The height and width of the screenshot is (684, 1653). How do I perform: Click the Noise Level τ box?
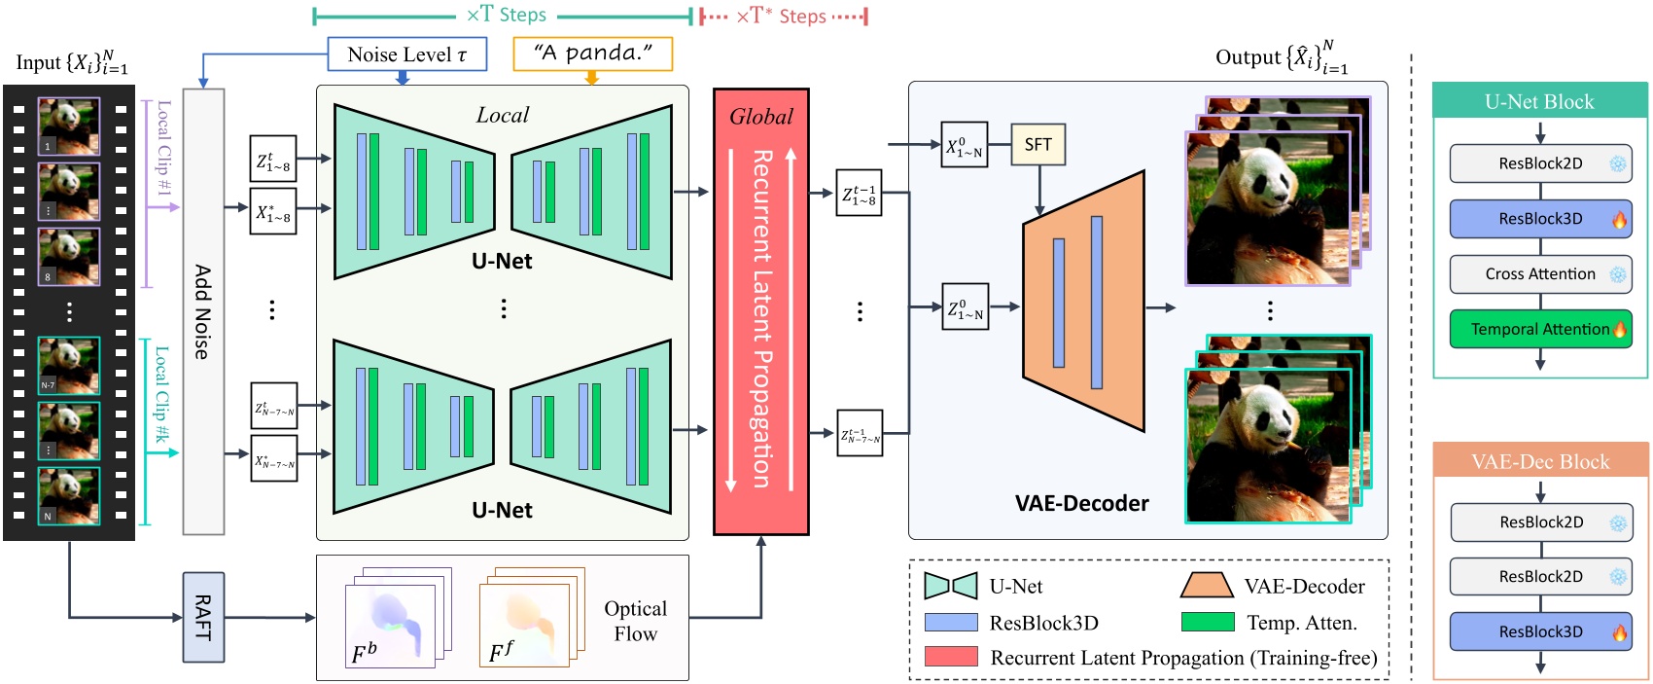[x=406, y=54]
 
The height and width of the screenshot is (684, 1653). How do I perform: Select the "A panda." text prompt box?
[x=592, y=54]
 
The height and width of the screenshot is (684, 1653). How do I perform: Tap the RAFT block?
[x=203, y=617]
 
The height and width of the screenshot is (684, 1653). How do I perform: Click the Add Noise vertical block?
[x=203, y=311]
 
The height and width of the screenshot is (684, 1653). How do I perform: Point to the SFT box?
[x=1038, y=145]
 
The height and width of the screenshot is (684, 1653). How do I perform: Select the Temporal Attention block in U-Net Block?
[x=1540, y=329]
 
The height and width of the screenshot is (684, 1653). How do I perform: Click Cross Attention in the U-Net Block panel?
[x=1540, y=274]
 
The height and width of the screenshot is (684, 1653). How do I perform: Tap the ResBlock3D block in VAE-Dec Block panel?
[x=1540, y=631]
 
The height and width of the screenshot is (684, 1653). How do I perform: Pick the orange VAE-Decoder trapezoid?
[x=1082, y=302]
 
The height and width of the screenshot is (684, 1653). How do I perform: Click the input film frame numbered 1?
[x=69, y=126]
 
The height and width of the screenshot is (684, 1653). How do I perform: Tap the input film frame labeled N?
[x=69, y=495]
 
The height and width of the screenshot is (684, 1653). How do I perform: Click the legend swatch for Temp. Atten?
[x=1207, y=623]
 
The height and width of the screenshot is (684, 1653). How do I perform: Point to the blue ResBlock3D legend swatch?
[x=950, y=623]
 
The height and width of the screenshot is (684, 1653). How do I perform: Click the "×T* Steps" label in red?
[x=781, y=16]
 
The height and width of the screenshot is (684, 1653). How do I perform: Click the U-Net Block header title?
[x=1539, y=101]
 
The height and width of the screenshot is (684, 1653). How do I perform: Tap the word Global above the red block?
[x=761, y=117]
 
